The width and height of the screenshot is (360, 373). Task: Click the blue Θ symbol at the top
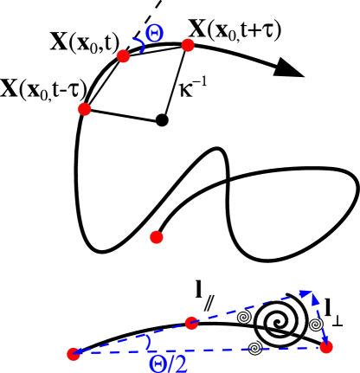tap(154, 34)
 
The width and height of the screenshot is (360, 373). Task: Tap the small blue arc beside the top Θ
tap(138, 41)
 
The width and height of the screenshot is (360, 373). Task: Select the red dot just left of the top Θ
tap(123, 56)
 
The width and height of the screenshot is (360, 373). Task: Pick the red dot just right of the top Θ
tap(188, 45)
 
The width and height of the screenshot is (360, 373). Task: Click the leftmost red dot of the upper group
tap(85, 109)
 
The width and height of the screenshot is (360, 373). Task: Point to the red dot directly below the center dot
tap(156, 237)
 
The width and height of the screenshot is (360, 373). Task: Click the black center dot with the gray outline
tap(162, 120)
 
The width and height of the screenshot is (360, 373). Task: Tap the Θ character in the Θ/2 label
tap(157, 364)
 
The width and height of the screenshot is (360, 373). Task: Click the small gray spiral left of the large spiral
tap(244, 318)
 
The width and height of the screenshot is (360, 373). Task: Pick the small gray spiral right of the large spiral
tap(316, 325)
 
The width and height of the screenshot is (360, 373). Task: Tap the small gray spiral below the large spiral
tap(254, 348)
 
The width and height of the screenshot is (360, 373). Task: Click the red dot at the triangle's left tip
tap(74, 353)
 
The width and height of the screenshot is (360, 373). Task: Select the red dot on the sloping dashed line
tap(192, 324)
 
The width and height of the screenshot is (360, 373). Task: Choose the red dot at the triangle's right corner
tap(325, 347)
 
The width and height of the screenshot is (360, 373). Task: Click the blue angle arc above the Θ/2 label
tap(150, 344)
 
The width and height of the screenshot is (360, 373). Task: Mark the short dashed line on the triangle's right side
tap(319, 322)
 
